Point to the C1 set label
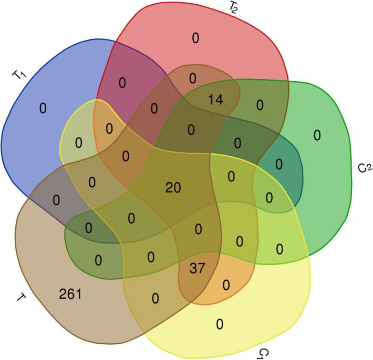[x=264, y=353]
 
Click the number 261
[x=70, y=294]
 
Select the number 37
[x=198, y=268]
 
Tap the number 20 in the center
[x=173, y=187]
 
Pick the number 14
[x=215, y=99]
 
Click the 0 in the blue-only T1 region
[x=43, y=108]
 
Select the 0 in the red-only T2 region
[x=195, y=38]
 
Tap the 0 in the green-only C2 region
[x=316, y=135]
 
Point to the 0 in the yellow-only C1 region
[x=220, y=323]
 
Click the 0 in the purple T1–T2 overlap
[x=122, y=83]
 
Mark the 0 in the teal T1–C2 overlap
[x=278, y=164]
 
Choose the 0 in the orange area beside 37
[x=226, y=285]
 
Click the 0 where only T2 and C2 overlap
[x=260, y=105]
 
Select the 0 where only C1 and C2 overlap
[x=279, y=248]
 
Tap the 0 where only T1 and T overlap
[x=56, y=200]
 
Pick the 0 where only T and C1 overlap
[x=155, y=298]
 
